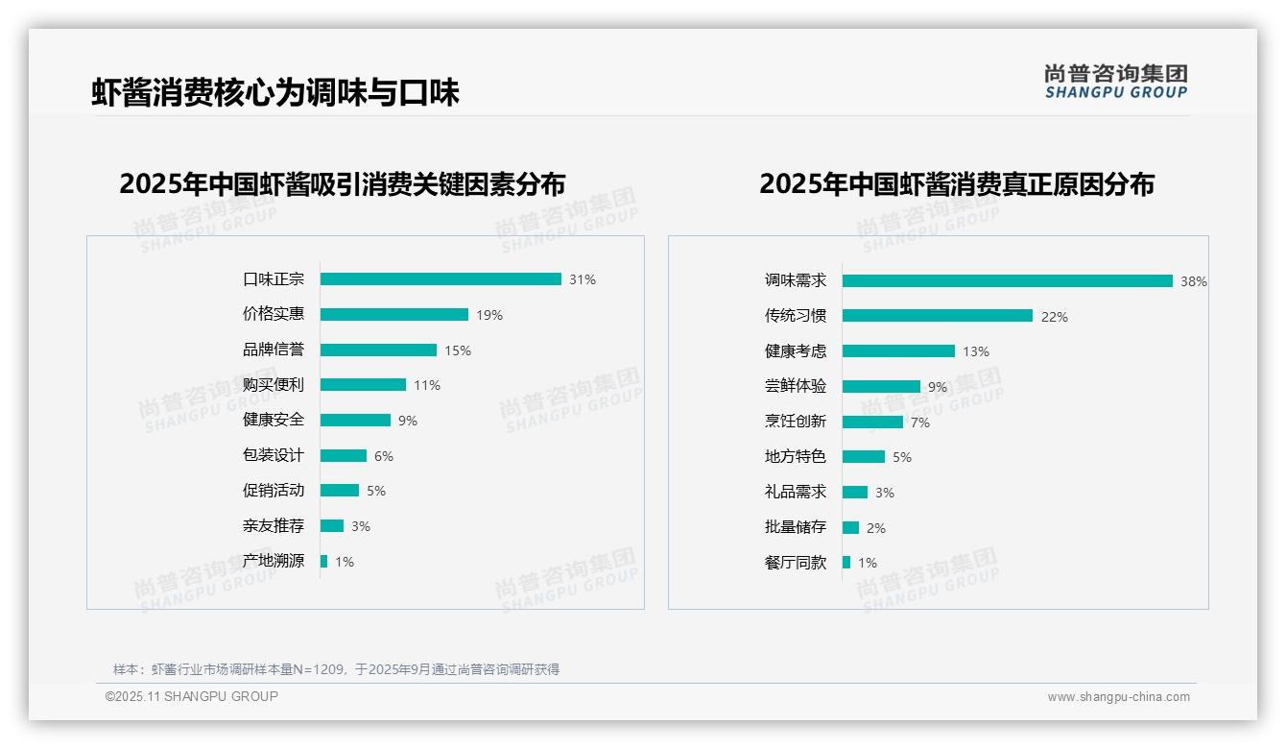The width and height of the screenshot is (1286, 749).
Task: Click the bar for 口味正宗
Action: click(441, 279)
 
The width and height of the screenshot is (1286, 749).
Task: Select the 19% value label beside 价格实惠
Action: click(489, 315)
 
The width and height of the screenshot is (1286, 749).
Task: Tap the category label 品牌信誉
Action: click(274, 350)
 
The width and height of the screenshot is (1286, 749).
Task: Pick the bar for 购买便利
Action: click(363, 385)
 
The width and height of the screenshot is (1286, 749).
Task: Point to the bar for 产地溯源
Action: click(323, 561)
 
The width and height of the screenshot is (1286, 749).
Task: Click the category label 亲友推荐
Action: click(274, 526)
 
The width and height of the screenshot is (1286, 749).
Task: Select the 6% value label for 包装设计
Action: click(384, 456)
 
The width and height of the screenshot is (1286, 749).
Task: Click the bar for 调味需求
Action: click(1007, 281)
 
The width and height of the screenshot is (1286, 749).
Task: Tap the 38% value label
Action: click(1194, 282)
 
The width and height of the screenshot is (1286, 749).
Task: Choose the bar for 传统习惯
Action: click(938, 316)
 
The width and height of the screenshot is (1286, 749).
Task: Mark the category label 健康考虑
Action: click(796, 351)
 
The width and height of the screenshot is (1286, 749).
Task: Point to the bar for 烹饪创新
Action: click(872, 422)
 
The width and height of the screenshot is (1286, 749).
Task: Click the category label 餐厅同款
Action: click(796, 563)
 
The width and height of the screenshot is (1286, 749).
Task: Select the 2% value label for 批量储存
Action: click(876, 528)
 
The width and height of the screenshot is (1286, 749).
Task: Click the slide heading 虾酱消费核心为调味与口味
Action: click(275, 92)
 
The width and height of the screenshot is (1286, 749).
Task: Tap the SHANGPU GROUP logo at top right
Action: click(1116, 82)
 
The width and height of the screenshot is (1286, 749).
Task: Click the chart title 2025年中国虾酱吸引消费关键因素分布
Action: click(343, 183)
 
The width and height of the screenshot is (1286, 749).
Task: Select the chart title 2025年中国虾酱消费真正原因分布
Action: click(957, 183)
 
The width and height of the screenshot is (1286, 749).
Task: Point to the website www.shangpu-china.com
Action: click(1118, 697)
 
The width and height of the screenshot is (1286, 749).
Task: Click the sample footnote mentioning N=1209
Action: click(336, 669)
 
